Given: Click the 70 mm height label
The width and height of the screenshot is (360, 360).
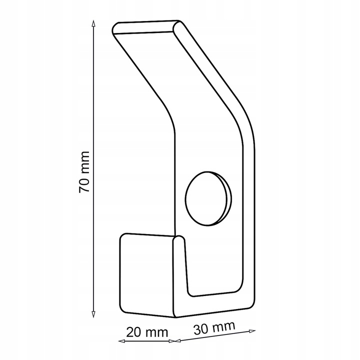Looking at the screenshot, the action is click(84, 172).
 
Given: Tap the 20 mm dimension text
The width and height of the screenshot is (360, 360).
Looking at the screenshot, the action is click(147, 332).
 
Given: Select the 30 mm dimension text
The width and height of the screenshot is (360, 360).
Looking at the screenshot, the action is click(214, 328).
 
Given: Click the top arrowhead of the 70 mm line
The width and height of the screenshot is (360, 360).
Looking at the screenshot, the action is click(93, 23).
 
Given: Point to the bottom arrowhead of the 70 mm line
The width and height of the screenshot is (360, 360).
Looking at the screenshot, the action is click(93, 314).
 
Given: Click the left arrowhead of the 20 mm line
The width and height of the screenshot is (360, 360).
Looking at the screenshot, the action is click(121, 341).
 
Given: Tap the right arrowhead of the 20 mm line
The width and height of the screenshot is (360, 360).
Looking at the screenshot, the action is click(171, 341).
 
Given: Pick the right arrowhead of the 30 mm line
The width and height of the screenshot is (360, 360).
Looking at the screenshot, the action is click(252, 331).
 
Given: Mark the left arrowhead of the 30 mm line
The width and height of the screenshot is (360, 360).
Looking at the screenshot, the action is click(178, 340).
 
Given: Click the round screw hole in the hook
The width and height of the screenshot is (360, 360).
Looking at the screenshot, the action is click(208, 199).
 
